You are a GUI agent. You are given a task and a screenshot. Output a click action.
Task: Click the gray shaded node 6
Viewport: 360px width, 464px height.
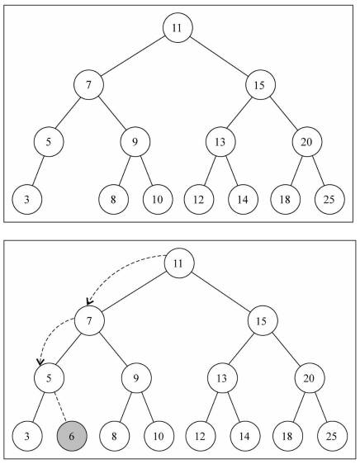[x=72, y=436]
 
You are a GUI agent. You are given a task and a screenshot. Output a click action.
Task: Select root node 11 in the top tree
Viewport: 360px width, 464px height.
[x=178, y=27]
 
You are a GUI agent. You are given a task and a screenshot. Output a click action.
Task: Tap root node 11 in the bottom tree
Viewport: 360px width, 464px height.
[x=179, y=263]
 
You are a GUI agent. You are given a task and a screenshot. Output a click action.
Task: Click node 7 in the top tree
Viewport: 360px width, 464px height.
[x=88, y=85]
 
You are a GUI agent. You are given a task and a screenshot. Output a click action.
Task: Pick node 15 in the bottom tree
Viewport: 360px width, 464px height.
[x=263, y=320]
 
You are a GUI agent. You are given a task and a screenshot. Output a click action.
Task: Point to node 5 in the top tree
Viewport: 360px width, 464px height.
[x=49, y=142]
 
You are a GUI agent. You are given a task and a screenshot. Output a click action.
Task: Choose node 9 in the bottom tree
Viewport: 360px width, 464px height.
[x=136, y=378]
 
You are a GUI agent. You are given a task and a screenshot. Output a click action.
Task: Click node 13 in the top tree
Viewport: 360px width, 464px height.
[x=220, y=142]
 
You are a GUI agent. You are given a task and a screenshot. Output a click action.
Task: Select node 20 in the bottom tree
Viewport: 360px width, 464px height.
[x=310, y=378]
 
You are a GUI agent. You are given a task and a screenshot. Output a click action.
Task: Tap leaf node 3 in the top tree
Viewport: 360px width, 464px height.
[x=27, y=199]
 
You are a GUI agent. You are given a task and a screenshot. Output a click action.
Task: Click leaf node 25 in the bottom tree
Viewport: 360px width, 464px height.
[x=332, y=436]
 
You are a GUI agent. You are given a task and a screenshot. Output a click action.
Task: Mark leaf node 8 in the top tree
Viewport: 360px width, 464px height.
[x=113, y=199]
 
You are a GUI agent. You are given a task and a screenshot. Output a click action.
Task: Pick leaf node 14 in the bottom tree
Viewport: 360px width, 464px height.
[x=245, y=436]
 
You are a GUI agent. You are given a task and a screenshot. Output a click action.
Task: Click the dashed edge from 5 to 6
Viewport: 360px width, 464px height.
[x=60, y=407]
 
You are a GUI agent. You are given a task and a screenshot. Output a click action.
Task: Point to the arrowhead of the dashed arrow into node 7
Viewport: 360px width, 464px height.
[x=89, y=301]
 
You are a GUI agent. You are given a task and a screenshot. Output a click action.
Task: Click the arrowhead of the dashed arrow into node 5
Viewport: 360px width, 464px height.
[x=40, y=362]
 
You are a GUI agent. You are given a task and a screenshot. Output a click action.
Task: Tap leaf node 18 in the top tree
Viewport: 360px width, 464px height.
[x=286, y=199]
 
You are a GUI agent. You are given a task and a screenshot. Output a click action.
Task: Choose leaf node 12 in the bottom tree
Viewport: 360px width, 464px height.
[x=201, y=436]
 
